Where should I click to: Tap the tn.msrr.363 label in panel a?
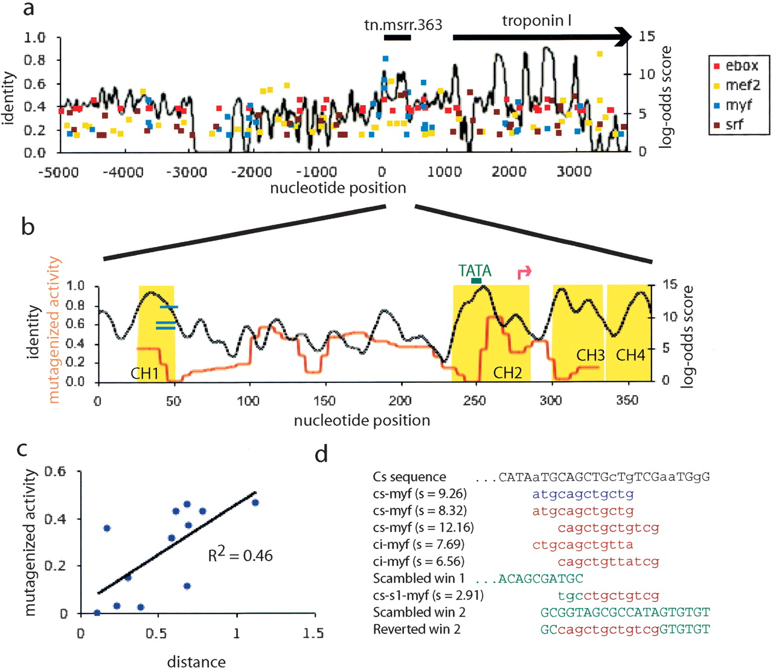pyautogui.click(x=403, y=25)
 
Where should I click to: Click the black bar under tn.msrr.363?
pyautogui.click(x=397, y=37)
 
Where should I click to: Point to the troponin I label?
pyautogui.click(x=536, y=21)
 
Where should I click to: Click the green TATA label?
pyautogui.click(x=475, y=271)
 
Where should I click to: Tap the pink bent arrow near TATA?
pyautogui.click(x=524, y=272)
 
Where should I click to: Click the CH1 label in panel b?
pyautogui.click(x=144, y=374)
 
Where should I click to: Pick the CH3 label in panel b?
pyautogui.click(x=590, y=355)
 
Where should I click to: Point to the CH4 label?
pyautogui.click(x=630, y=355)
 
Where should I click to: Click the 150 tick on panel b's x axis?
pyautogui.click(x=324, y=400)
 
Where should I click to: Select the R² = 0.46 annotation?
pyautogui.click(x=240, y=554)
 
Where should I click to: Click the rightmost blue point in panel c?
pyautogui.click(x=255, y=503)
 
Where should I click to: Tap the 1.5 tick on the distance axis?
pyautogui.click(x=312, y=633)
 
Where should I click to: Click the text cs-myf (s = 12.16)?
pyautogui.click(x=423, y=527)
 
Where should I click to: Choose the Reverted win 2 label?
pyautogui.click(x=417, y=629)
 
